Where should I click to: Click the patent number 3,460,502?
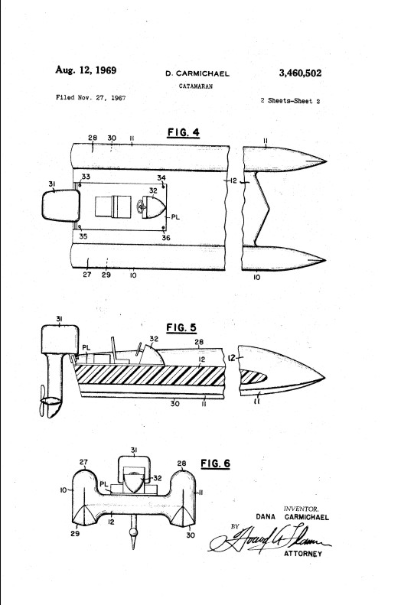tap(300, 73)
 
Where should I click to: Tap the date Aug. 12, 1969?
tap(86, 70)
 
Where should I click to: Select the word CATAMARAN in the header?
tap(196, 86)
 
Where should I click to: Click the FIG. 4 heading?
tap(184, 132)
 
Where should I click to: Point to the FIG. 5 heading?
tap(181, 327)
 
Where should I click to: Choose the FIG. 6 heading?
tap(216, 463)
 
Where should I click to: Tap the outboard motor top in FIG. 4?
tap(60, 206)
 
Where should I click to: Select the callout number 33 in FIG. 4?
tap(86, 177)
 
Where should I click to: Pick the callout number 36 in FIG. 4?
tap(166, 238)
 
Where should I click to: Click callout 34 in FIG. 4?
tap(161, 178)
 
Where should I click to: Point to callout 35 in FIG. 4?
tap(83, 236)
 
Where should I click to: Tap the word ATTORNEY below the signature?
tap(303, 554)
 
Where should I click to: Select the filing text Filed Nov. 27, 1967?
tap(91, 98)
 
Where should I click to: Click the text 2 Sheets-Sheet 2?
tap(290, 101)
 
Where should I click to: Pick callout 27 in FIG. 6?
tap(83, 462)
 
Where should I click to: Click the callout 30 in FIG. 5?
tap(175, 404)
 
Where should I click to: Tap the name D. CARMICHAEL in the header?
tap(197, 73)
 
